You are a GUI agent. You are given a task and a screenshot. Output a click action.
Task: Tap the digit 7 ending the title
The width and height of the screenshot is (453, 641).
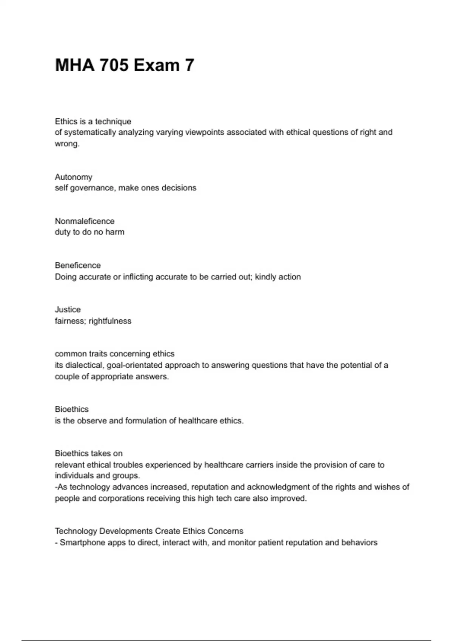pos(189,65)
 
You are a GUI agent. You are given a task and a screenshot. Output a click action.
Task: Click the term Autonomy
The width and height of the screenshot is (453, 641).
pos(73,177)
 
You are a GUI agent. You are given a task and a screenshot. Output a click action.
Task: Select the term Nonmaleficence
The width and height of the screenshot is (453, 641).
pos(85,221)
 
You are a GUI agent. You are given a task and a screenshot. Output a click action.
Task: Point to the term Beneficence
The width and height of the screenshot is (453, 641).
pos(78,265)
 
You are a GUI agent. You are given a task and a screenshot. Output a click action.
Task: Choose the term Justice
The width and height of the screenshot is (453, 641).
pos(68,310)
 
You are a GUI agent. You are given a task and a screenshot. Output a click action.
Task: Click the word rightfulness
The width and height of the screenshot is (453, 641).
pos(110,321)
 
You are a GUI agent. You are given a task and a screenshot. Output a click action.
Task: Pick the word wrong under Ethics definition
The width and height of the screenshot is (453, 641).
pos(66,144)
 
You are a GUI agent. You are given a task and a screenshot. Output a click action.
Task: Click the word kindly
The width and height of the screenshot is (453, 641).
pos(266,277)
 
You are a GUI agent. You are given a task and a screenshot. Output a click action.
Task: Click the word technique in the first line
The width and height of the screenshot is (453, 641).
pos(113,121)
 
